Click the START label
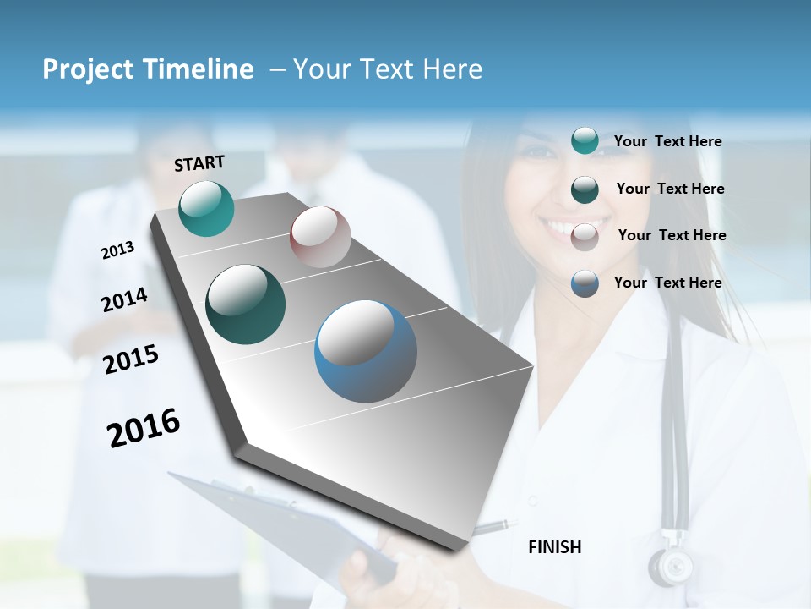coord(199,163)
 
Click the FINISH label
coord(554,547)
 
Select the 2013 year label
coord(117,250)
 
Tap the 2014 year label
coord(124,299)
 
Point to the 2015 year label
coord(130,359)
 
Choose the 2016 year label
coord(144,428)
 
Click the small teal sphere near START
coord(206,208)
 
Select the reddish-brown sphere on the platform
coord(320,237)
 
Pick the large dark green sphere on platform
coord(245,304)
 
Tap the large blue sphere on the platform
coord(366,351)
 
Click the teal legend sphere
coord(585,141)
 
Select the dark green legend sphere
coord(585,189)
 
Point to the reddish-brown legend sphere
coord(585,236)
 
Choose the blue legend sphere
coord(585,283)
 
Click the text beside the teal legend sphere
coord(667,141)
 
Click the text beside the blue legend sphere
coord(667,283)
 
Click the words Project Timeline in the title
coord(148,69)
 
